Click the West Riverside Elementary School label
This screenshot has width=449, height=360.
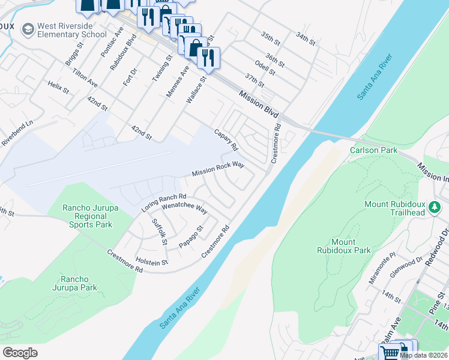tap(72, 31)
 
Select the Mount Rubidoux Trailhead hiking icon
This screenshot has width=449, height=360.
tap(435, 208)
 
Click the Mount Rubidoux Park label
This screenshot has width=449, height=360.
tap(343, 246)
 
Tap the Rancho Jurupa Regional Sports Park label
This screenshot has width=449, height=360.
tap(88, 216)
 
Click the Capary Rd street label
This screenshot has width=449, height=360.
tap(227, 139)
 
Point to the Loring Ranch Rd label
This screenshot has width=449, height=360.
tap(164, 203)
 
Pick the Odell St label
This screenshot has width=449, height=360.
tap(265, 67)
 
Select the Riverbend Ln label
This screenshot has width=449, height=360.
tap(16, 133)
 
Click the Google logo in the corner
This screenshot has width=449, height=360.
tap(20, 352)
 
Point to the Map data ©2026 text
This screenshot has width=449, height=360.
tap(424, 355)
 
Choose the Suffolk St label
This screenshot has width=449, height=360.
tap(159, 232)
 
